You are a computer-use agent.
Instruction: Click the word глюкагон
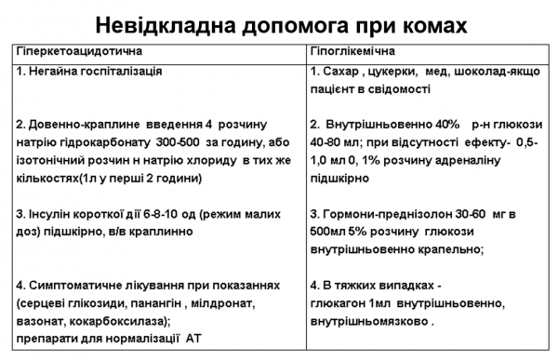point(337,302)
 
